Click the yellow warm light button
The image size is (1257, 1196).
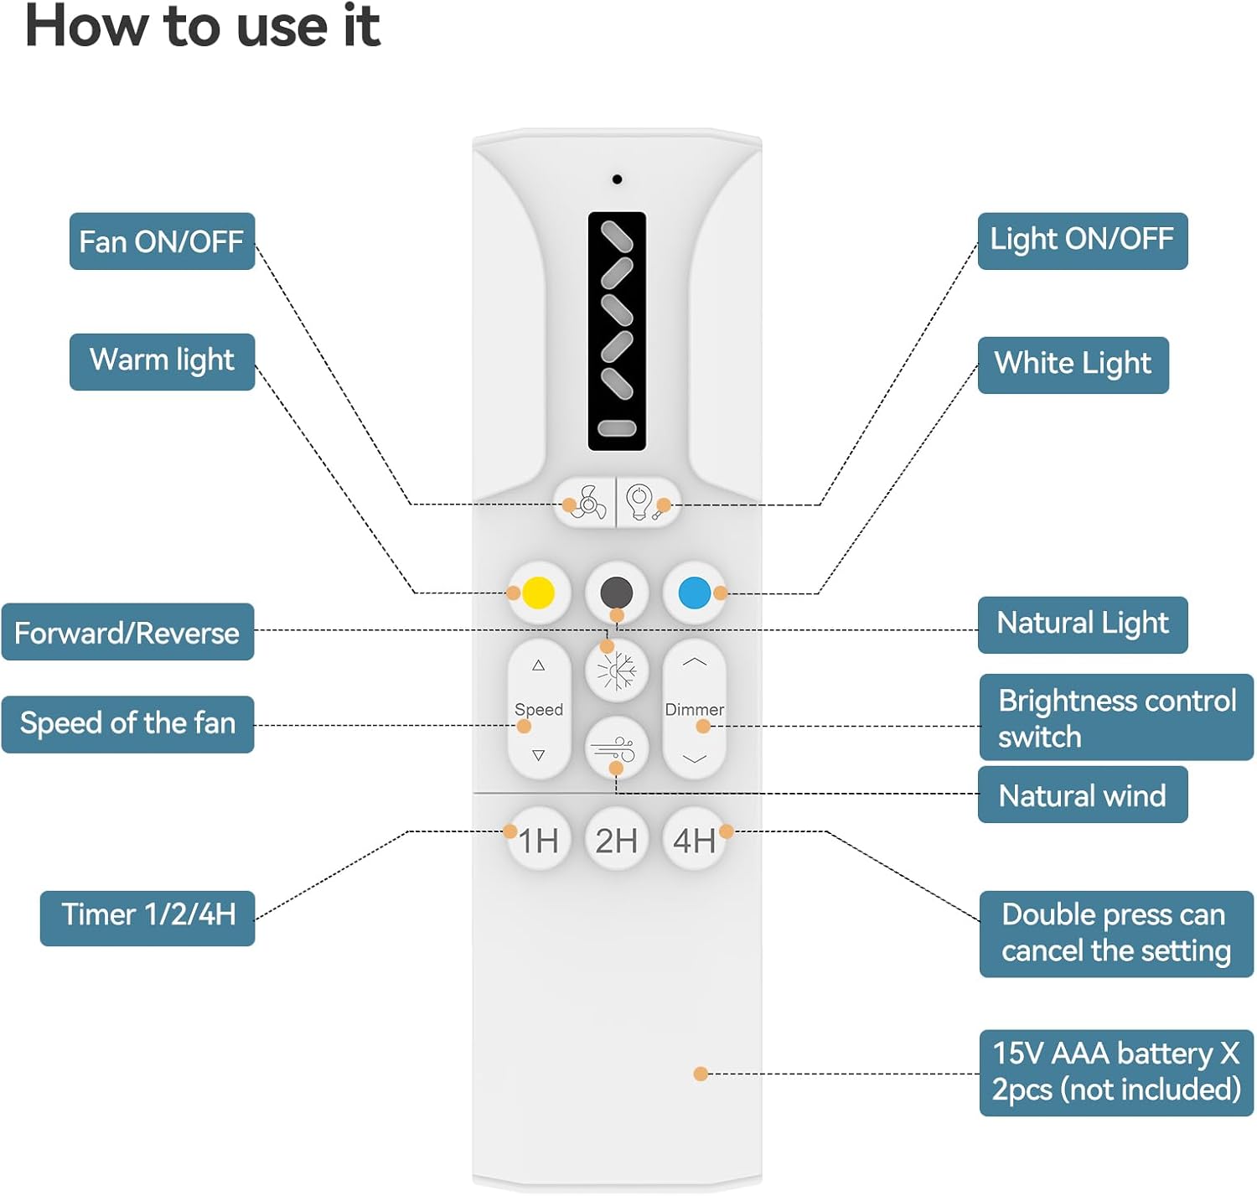pos(538,593)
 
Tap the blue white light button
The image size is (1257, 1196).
pos(695,593)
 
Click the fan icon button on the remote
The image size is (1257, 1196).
pos(586,503)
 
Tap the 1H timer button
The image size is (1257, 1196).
pos(539,840)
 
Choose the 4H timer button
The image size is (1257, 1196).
pos(695,840)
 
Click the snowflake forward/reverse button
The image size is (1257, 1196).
pos(617,670)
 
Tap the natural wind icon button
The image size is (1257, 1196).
pos(617,748)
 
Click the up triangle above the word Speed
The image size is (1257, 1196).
pos(539,665)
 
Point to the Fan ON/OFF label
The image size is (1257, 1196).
pos(162,241)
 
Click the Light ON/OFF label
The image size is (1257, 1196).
pos(1082,241)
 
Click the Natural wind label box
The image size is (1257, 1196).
pos(1082,795)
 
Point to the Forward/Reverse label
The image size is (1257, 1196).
pos(127,632)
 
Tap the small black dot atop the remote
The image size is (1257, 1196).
pos(618,179)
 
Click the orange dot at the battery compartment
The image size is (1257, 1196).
pos(701,1074)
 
